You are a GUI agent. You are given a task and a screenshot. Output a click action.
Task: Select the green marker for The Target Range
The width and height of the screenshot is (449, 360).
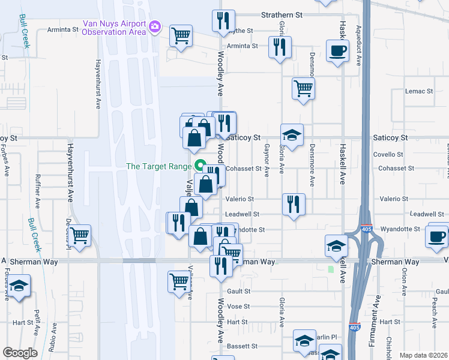coord(200,166)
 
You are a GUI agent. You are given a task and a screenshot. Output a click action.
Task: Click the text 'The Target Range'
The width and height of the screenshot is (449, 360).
coord(158,166)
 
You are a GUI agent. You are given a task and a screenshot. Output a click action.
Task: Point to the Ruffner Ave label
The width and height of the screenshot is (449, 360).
coord(38,191)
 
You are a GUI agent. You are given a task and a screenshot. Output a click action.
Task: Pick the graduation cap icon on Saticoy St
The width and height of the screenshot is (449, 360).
coord(292,136)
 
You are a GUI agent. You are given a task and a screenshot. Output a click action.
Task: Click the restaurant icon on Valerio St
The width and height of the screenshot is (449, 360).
coord(294,205)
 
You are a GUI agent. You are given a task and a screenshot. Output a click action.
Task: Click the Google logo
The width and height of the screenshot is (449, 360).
coord(20,352)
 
